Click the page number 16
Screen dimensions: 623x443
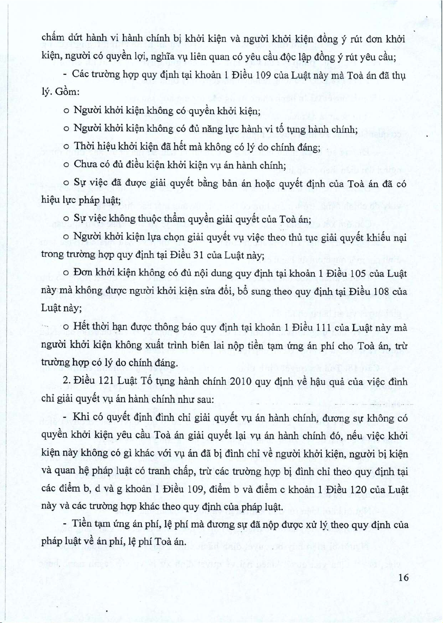[404, 577]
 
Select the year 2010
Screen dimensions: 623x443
[241, 381]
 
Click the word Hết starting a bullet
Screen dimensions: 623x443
[81, 327]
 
